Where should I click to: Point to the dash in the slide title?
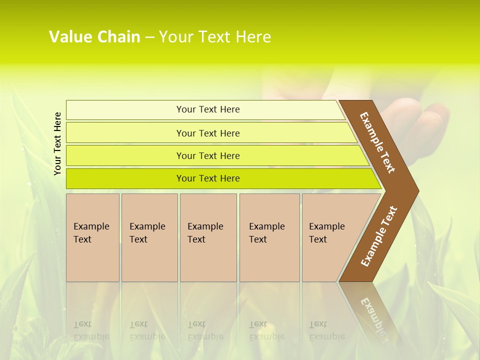[149, 37]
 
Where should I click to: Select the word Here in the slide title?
[253, 37]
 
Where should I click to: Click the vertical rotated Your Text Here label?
[57, 143]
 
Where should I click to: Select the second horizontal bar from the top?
[208, 133]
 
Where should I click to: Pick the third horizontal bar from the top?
[208, 155]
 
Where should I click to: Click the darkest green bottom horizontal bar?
[208, 178]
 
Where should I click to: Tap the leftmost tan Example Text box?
[92, 237]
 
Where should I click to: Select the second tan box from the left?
[149, 237]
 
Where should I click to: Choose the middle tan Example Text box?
[208, 237]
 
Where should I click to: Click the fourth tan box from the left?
[269, 237]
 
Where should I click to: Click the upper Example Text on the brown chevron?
[377, 142]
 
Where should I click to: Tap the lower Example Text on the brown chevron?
[379, 236]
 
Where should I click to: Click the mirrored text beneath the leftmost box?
[91, 330]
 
